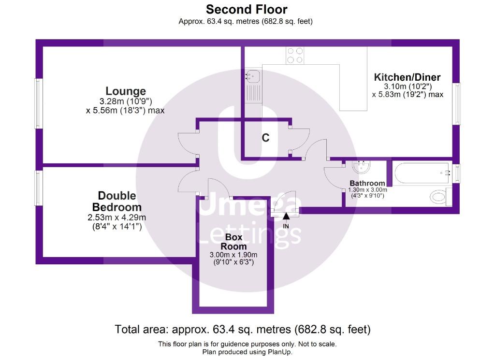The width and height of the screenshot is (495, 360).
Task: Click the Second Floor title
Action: (x=247, y=10)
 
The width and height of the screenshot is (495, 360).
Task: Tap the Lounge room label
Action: (x=126, y=91)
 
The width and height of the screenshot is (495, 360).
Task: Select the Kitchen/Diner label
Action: (x=407, y=77)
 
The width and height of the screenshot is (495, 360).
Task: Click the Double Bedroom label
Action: (x=117, y=202)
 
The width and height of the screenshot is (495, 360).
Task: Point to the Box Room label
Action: (x=233, y=242)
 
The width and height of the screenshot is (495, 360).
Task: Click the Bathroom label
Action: (x=367, y=183)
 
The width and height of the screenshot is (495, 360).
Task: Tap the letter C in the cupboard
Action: (x=266, y=138)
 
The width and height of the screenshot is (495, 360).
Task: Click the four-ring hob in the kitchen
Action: (x=295, y=55)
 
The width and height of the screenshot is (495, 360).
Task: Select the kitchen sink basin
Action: (x=252, y=76)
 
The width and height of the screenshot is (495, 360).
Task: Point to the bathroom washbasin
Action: (x=361, y=167)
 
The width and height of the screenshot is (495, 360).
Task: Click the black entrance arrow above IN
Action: (x=286, y=216)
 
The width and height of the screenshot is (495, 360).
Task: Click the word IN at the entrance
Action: (x=286, y=226)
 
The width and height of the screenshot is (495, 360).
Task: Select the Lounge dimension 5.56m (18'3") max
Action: (x=125, y=111)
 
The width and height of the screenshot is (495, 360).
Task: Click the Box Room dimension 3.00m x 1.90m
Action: (x=233, y=255)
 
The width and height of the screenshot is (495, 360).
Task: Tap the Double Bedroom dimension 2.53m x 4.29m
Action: (x=117, y=217)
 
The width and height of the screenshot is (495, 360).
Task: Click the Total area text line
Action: (x=243, y=330)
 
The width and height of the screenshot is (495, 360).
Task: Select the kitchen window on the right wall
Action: (x=456, y=103)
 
